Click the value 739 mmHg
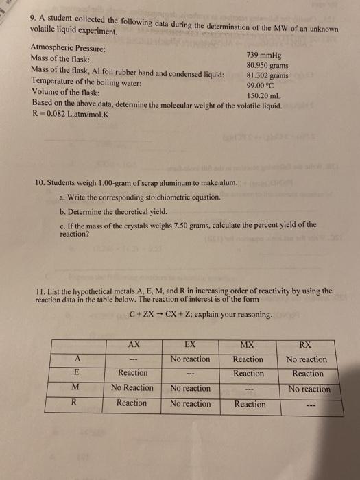(x=267, y=56)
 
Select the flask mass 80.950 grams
(x=266, y=66)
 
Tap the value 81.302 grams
(x=267, y=76)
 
